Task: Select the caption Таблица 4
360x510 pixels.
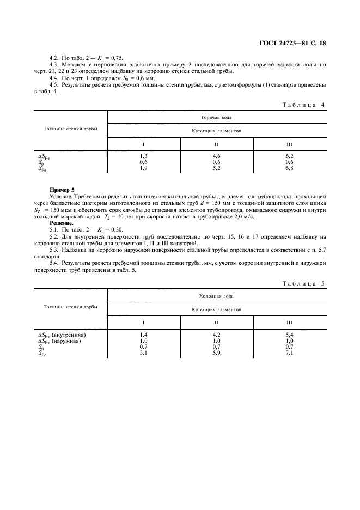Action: click(x=304, y=104)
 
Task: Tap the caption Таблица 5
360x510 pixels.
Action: click(x=304, y=283)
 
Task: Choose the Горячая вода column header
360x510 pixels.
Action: click(x=216, y=117)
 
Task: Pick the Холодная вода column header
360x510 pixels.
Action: click(x=216, y=296)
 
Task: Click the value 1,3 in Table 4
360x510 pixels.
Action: click(x=144, y=156)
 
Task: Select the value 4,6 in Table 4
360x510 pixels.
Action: click(x=216, y=156)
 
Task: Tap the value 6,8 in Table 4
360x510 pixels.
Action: click(x=289, y=168)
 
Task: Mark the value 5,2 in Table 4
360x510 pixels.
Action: click(x=216, y=168)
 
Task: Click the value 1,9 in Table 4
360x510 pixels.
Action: click(x=144, y=168)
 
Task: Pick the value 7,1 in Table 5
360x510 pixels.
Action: click(x=289, y=353)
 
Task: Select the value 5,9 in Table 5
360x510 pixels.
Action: click(x=216, y=353)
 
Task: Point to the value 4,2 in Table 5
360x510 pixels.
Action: click(x=216, y=335)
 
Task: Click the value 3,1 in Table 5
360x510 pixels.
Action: click(x=144, y=353)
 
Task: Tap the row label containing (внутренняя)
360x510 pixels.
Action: click(x=62, y=335)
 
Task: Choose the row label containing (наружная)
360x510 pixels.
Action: click(x=60, y=341)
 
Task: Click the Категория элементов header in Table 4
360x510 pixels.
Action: click(x=216, y=131)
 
